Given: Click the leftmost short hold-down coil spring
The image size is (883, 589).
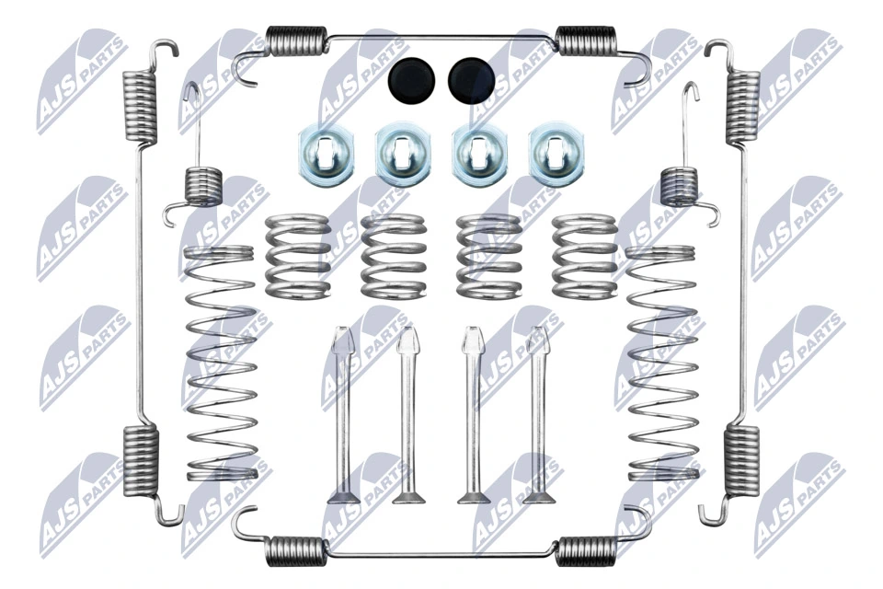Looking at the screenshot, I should point(297,257).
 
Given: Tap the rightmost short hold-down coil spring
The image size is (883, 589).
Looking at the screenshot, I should point(584,257).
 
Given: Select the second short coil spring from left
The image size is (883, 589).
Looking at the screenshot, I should point(394,257).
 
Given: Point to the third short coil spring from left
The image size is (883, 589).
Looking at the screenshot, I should point(487,257).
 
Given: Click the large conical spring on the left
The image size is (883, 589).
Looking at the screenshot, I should point(221,364).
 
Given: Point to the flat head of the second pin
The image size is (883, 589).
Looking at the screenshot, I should point(408,499).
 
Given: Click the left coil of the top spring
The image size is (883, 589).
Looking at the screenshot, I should point(296,40).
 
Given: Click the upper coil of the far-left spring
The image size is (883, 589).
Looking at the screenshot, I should point(141,106).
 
